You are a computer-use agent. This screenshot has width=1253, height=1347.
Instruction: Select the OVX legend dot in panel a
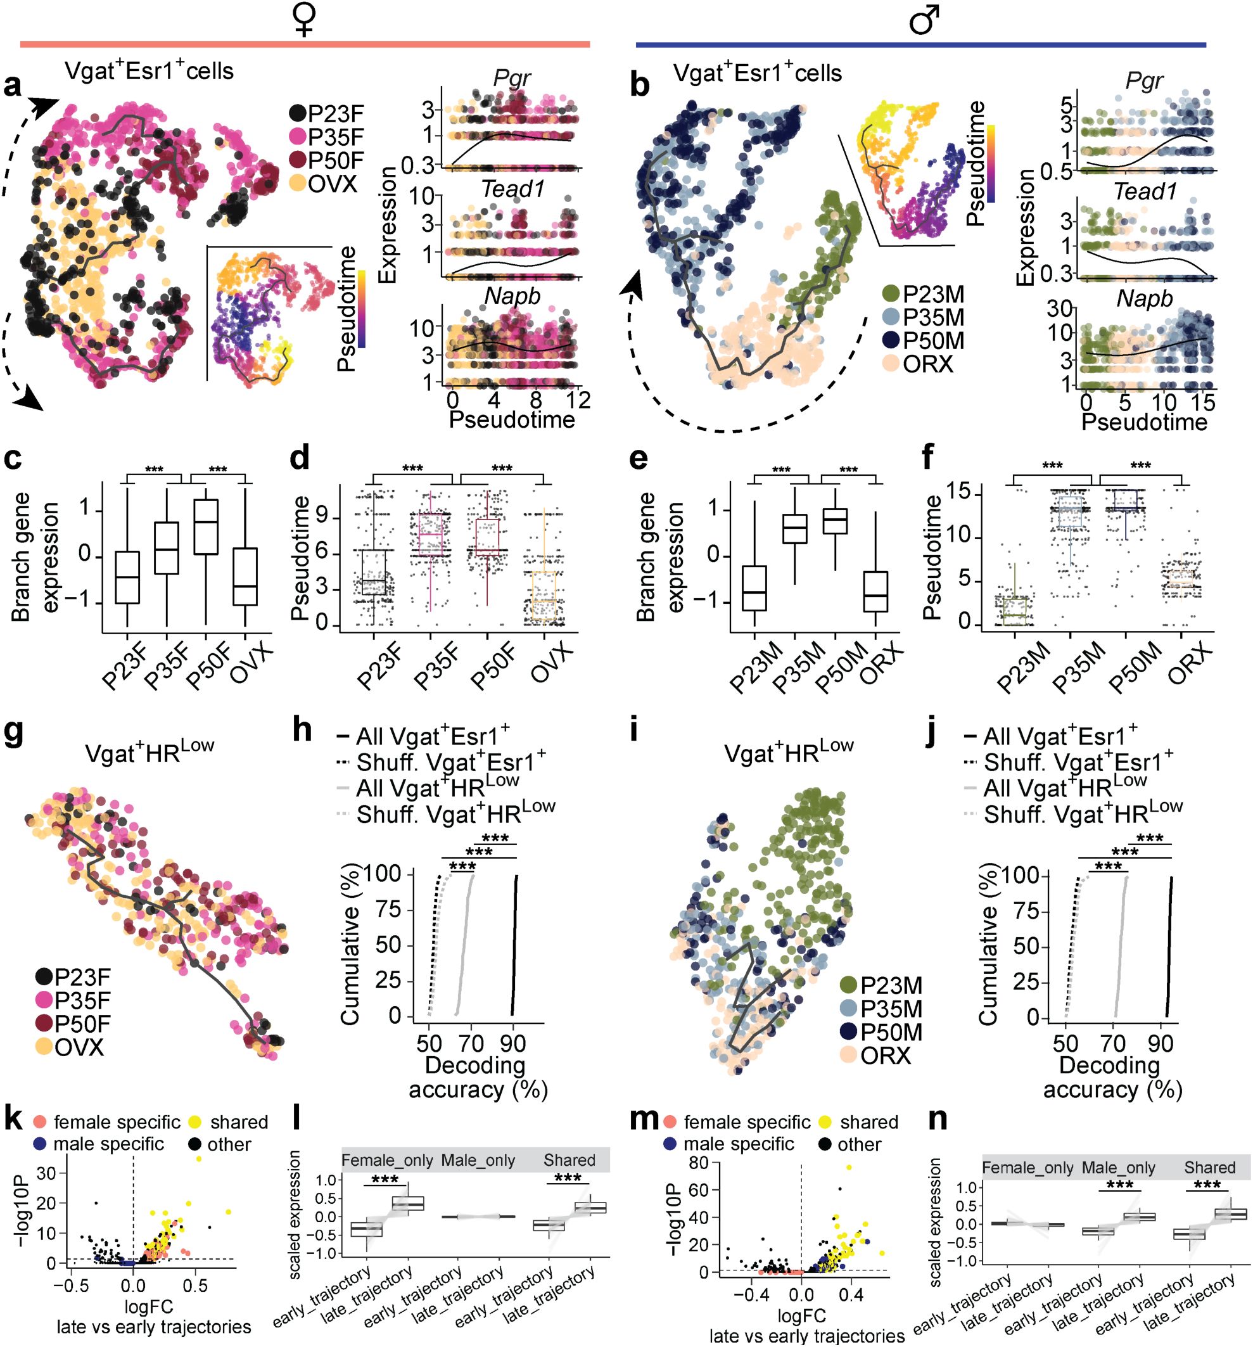tap(297, 184)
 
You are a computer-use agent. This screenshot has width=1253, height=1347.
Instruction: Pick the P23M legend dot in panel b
tap(891, 294)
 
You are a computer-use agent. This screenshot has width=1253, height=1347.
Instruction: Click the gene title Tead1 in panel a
tap(512, 189)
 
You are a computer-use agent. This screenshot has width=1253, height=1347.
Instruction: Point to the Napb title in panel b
tap(1144, 299)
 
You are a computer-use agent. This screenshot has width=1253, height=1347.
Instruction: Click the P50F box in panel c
tap(206, 527)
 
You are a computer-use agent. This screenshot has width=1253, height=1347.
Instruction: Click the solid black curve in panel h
tap(514, 948)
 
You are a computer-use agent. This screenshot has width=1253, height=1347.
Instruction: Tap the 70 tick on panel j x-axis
tap(1113, 1044)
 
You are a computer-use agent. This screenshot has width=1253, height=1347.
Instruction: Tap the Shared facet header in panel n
tap(1209, 1167)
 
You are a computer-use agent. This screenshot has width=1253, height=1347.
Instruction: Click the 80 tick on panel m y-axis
tap(699, 1163)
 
